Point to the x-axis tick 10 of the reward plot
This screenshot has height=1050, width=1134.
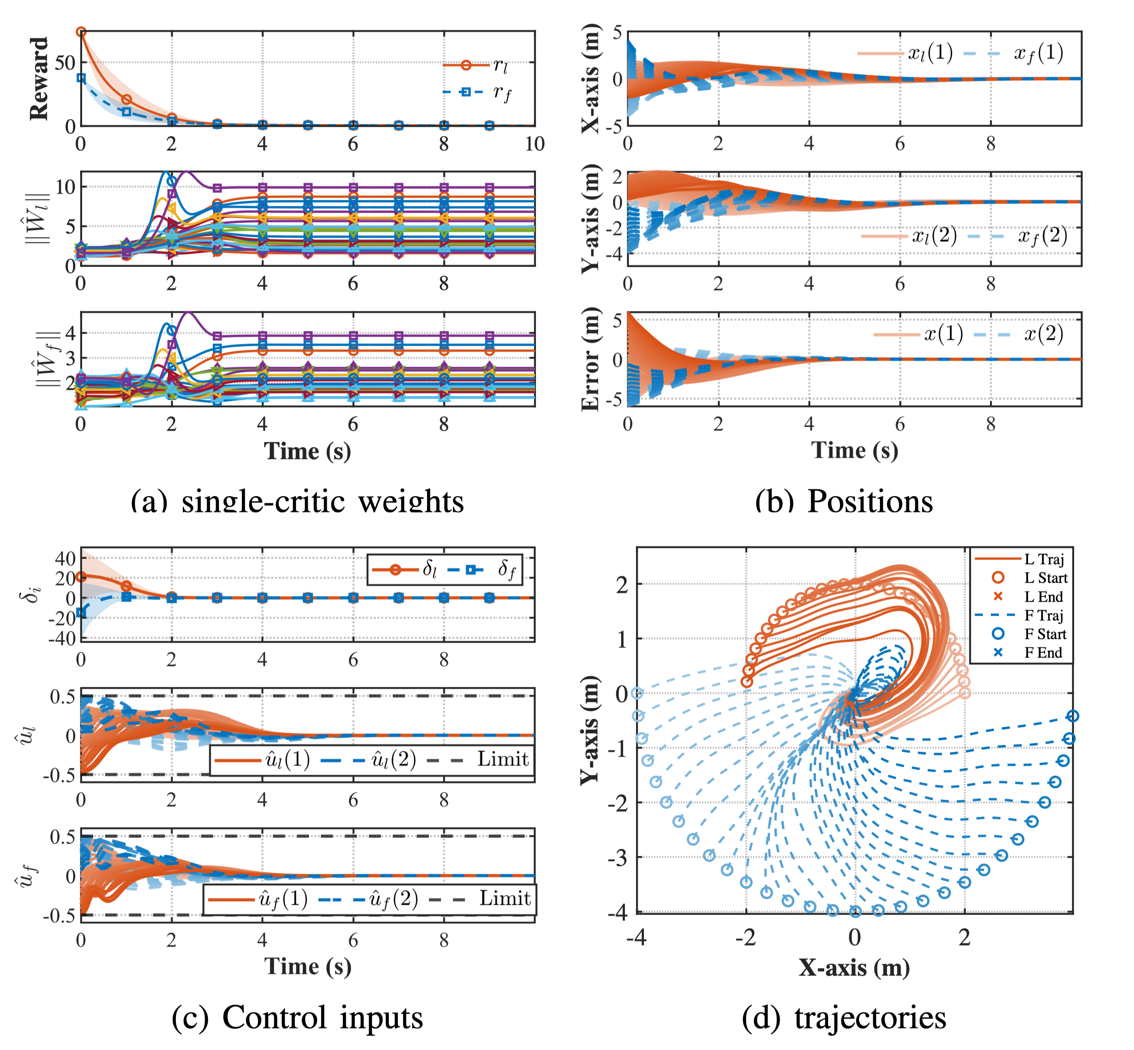coord(534,144)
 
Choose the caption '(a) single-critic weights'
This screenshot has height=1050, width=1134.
coord(297,502)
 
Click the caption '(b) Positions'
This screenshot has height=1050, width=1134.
coord(844,502)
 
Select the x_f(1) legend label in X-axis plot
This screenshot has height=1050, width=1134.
coord(1039,53)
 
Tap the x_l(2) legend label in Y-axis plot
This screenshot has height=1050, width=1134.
coord(935,235)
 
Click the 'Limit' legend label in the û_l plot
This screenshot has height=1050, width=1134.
coord(503,759)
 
